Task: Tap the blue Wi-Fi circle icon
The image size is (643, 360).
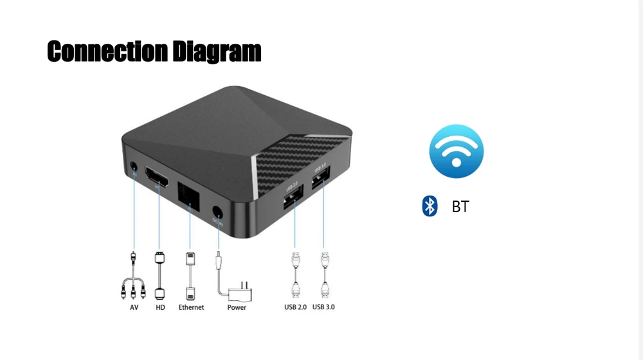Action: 456,151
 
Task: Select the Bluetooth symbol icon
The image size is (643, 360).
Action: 430,206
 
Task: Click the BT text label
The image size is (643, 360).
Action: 460,207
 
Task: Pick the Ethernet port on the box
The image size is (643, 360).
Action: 189,195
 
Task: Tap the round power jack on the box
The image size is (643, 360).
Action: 218,212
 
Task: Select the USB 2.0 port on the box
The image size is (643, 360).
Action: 294,196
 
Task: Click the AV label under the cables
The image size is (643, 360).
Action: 134,307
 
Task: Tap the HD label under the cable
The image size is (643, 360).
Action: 160,307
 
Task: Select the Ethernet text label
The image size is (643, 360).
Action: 191,307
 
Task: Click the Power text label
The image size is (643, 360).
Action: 237,307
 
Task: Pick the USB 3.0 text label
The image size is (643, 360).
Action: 323,307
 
